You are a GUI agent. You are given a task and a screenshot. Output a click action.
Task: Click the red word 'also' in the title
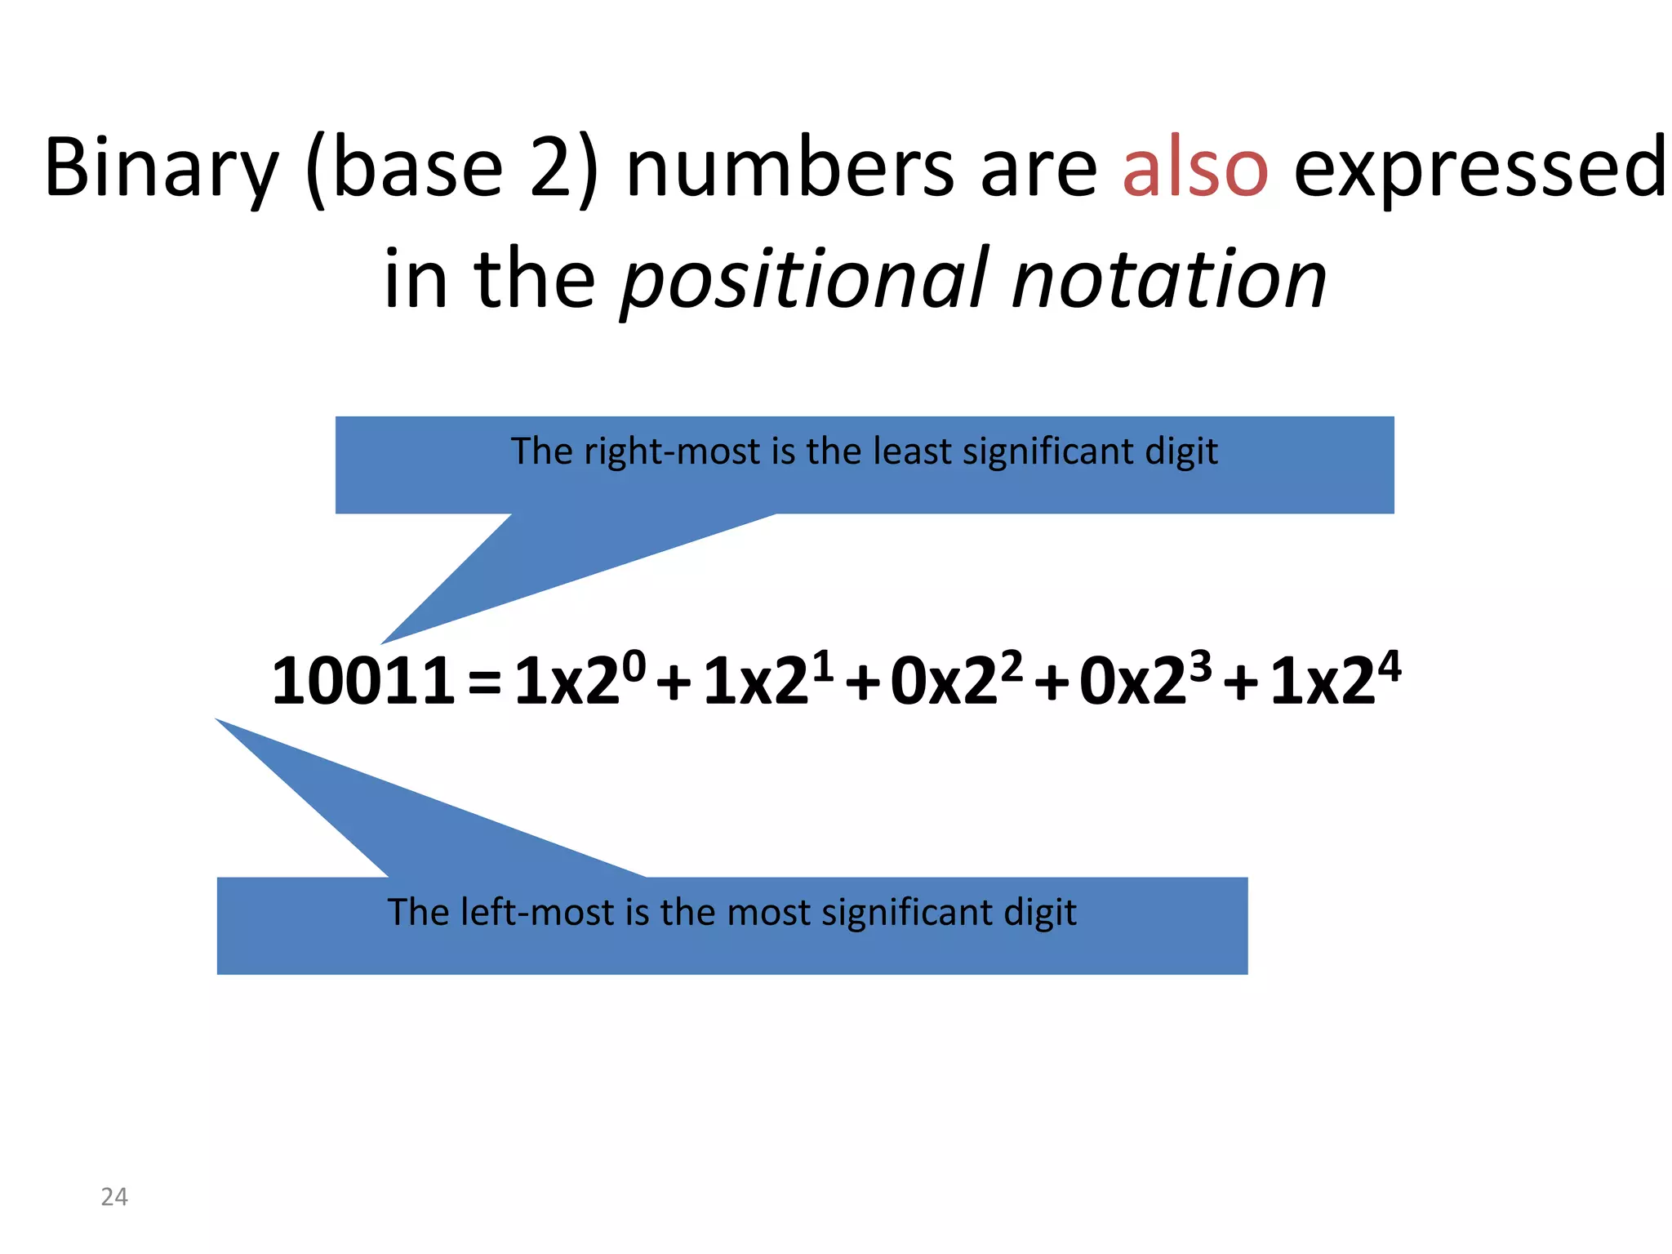click(1194, 168)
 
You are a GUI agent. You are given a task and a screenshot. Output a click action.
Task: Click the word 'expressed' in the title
click(1479, 168)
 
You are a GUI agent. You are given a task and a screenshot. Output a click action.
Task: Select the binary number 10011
click(362, 681)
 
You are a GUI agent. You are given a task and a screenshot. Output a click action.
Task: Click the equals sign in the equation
click(485, 683)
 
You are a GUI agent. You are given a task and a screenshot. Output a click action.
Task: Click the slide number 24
click(114, 1197)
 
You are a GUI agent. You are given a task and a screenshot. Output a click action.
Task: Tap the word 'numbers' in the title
click(789, 168)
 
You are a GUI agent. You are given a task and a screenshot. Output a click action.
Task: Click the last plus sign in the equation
click(1241, 684)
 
